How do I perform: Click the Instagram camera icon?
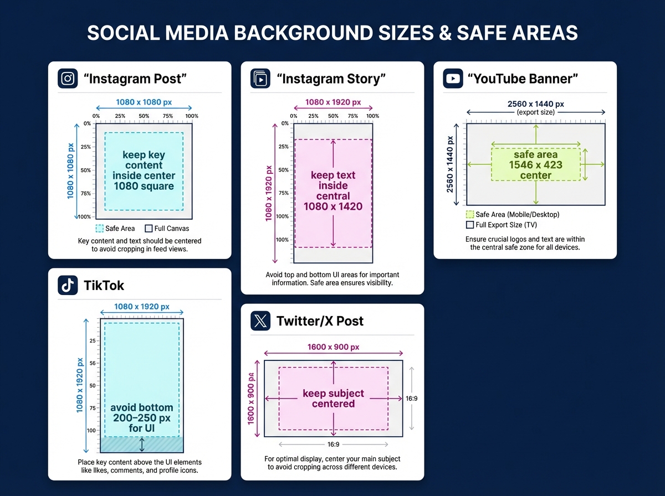pyautogui.click(x=68, y=79)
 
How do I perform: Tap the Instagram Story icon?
pyautogui.click(x=260, y=79)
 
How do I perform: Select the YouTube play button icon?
pyautogui.click(x=453, y=79)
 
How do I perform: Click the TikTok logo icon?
pyautogui.click(x=68, y=285)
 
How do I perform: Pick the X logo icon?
pyautogui.click(x=260, y=321)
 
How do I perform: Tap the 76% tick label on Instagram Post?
pyautogui.click(x=86, y=193)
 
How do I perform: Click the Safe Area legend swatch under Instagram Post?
pyautogui.click(x=99, y=229)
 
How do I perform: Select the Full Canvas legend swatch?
pyautogui.click(x=149, y=229)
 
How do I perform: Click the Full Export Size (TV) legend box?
pyautogui.click(x=469, y=225)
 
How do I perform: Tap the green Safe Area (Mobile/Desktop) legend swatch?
pyautogui.click(x=469, y=215)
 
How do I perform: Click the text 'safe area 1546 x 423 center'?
pyautogui.click(x=536, y=165)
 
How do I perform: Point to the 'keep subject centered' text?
pyautogui.click(x=333, y=398)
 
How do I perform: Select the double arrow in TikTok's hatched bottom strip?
pyautogui.click(x=142, y=445)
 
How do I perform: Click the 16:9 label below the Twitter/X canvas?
pyautogui.click(x=333, y=445)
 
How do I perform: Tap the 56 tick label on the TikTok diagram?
pyautogui.click(x=93, y=363)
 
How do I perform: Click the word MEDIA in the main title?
pyautogui.click(x=197, y=33)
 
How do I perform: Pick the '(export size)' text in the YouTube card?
pyautogui.click(x=536, y=112)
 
